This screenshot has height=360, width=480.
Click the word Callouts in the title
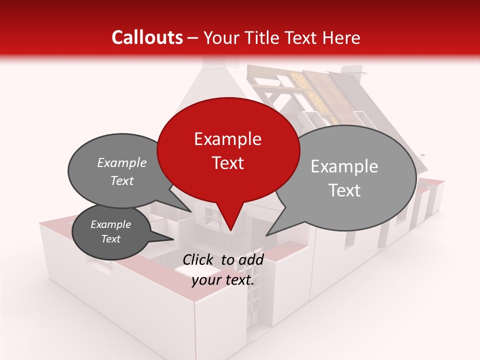(147, 37)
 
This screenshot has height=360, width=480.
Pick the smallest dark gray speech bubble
(111, 231)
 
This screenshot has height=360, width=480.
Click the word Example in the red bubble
(228, 139)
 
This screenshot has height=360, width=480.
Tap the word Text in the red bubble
(228, 163)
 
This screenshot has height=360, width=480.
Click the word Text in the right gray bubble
(344, 190)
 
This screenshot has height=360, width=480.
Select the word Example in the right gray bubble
(344, 166)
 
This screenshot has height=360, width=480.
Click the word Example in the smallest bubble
(111, 224)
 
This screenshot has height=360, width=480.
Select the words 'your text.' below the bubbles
(223, 280)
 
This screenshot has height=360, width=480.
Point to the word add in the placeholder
(251, 259)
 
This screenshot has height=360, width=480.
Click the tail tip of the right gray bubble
(267, 235)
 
